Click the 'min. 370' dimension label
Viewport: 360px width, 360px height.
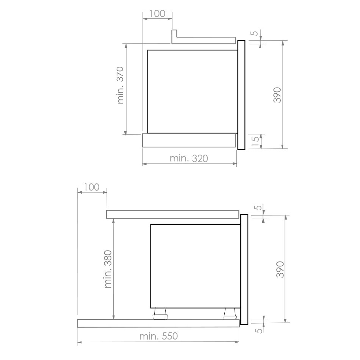pos(121,85)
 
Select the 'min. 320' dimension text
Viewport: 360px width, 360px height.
pos(189,158)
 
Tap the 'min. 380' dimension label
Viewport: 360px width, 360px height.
pos(108,269)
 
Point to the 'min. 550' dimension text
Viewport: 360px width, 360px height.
pos(159,336)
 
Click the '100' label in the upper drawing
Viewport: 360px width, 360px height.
pos(157,14)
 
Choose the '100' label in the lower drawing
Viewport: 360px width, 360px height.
pos(91,187)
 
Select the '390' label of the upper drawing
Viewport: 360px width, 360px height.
pos(277,95)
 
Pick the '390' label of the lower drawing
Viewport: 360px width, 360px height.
pos(280,269)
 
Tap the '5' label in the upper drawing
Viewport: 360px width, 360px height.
pos(255,33)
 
